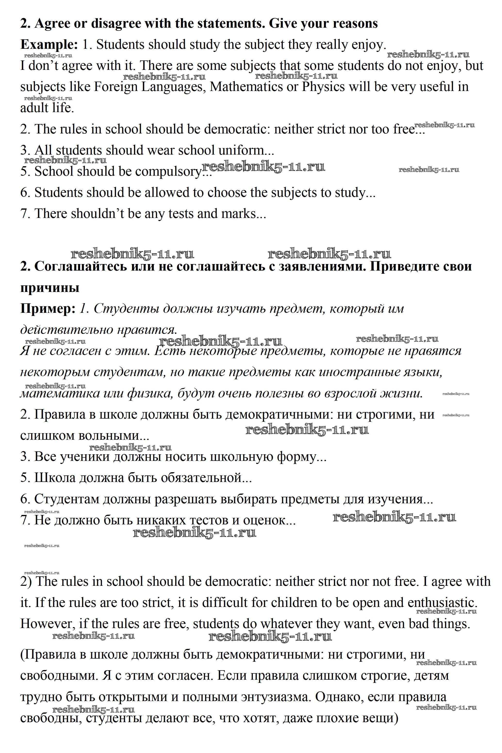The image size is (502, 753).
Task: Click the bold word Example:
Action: click(49, 44)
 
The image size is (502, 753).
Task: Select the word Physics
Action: click(323, 87)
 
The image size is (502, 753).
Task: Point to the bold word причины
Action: click(50, 288)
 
